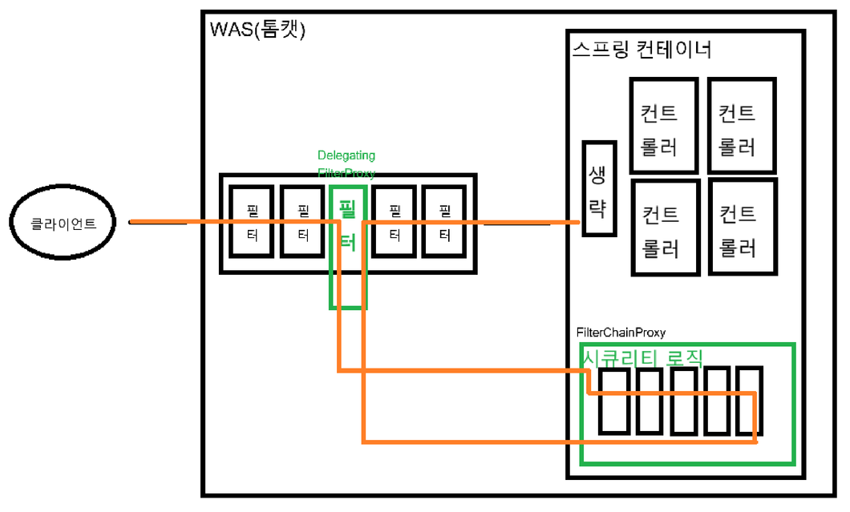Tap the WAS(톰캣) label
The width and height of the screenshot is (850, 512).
click(x=257, y=30)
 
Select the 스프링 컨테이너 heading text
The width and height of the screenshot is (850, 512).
click(x=642, y=50)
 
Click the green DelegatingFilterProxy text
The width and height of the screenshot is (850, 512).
click(x=346, y=163)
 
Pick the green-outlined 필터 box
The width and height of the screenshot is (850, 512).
click(x=348, y=246)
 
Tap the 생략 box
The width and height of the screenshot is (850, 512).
click(x=599, y=188)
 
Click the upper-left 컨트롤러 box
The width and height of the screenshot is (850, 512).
click(x=662, y=125)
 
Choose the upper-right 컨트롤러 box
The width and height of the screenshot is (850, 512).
click(x=742, y=125)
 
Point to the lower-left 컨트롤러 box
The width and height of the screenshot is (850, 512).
click(x=663, y=228)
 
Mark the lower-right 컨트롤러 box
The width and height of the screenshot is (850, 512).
click(x=743, y=228)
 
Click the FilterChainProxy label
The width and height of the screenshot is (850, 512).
click(x=620, y=333)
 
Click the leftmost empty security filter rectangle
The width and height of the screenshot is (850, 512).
click(x=614, y=401)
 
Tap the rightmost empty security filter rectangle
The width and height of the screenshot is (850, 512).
click(x=749, y=401)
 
